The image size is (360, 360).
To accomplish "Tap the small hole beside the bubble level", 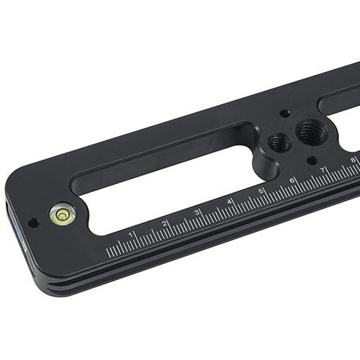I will click(34, 222).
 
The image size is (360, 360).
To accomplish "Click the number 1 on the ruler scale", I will click(130, 235).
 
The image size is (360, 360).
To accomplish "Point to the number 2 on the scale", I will click(164, 223).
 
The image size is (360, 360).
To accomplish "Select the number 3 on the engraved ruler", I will click(197, 212).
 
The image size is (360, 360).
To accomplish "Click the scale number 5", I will click(261, 191).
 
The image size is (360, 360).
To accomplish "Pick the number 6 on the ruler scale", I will click(292, 180).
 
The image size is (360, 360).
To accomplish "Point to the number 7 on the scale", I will click(323, 170).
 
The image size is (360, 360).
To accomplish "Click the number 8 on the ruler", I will click(352, 160).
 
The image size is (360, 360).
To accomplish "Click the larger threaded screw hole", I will click(310, 132).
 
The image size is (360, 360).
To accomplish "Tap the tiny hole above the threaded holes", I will click(285, 113).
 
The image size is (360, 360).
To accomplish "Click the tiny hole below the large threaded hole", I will click(311, 161).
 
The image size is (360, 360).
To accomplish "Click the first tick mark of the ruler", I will click(108, 253).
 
